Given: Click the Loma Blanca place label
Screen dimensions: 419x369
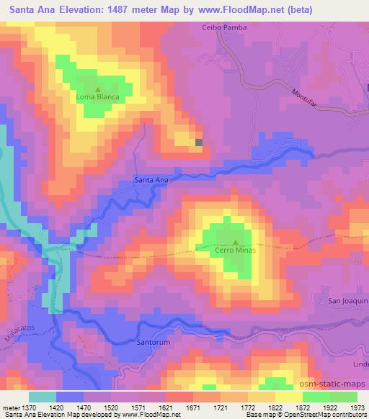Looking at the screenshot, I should coord(97,96).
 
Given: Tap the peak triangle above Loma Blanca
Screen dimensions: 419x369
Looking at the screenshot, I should coord(98,89).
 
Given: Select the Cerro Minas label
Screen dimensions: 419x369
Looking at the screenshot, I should coord(235,250).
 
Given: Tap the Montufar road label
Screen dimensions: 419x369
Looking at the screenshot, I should coord(304,97).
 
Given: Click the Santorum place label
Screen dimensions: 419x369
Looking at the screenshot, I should coord(153,342).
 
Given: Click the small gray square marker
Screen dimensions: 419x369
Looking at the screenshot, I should coord(199,142).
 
